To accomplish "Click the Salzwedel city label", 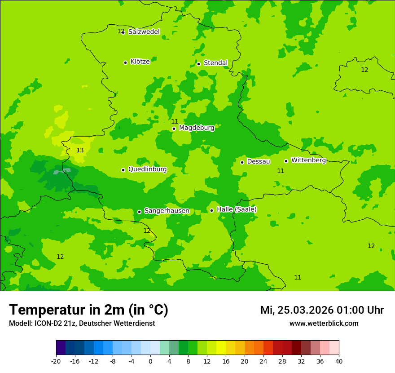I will pyautogui.click(x=144, y=32).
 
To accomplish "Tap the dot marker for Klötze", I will pyautogui.click(x=125, y=62).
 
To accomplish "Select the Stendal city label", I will pyautogui.click(x=215, y=63).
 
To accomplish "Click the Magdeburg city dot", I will pyautogui.click(x=174, y=129).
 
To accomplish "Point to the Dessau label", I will pyautogui.click(x=259, y=161).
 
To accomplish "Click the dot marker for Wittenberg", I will pyautogui.click(x=286, y=161).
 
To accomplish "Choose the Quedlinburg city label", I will pyautogui.click(x=147, y=169).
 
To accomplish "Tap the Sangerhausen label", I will pyautogui.click(x=167, y=211).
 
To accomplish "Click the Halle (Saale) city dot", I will pyautogui.click(x=211, y=210).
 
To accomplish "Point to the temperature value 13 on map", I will pyautogui.click(x=80, y=150).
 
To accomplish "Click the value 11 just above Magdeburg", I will pyautogui.click(x=175, y=121).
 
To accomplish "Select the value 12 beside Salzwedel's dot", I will pyautogui.click(x=120, y=31).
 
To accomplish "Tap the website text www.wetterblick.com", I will pyautogui.click(x=324, y=324).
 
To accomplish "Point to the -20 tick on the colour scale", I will pyautogui.click(x=56, y=361).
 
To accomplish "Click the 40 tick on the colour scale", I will pyautogui.click(x=339, y=361).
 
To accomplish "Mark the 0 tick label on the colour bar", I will pyautogui.click(x=150, y=361).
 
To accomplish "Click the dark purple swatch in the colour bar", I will pyautogui.click(x=61, y=348).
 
